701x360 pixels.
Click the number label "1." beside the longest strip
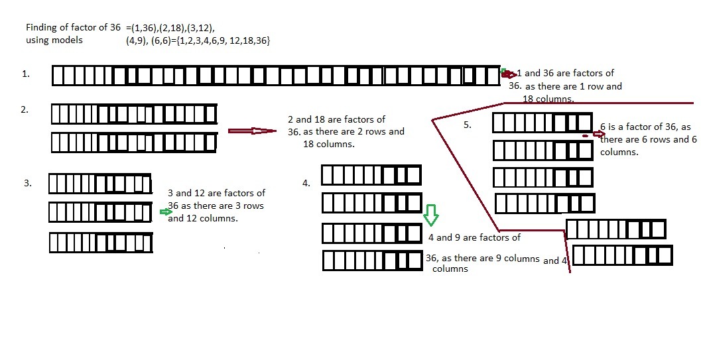26,74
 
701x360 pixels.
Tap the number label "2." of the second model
25,109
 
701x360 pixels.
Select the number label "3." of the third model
28,183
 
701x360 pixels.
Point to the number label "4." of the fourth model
306,183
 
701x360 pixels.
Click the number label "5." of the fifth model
467,125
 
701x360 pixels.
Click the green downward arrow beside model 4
431,215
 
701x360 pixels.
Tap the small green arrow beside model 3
166,211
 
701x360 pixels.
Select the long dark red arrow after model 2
252,131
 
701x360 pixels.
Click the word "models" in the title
67,40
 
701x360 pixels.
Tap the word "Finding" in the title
41,28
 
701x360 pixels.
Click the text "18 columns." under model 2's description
328,144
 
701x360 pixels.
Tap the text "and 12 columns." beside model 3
202,218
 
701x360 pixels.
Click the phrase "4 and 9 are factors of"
474,237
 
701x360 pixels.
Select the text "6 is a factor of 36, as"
645,127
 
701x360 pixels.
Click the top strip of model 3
100,184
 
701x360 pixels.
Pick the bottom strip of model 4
373,261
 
